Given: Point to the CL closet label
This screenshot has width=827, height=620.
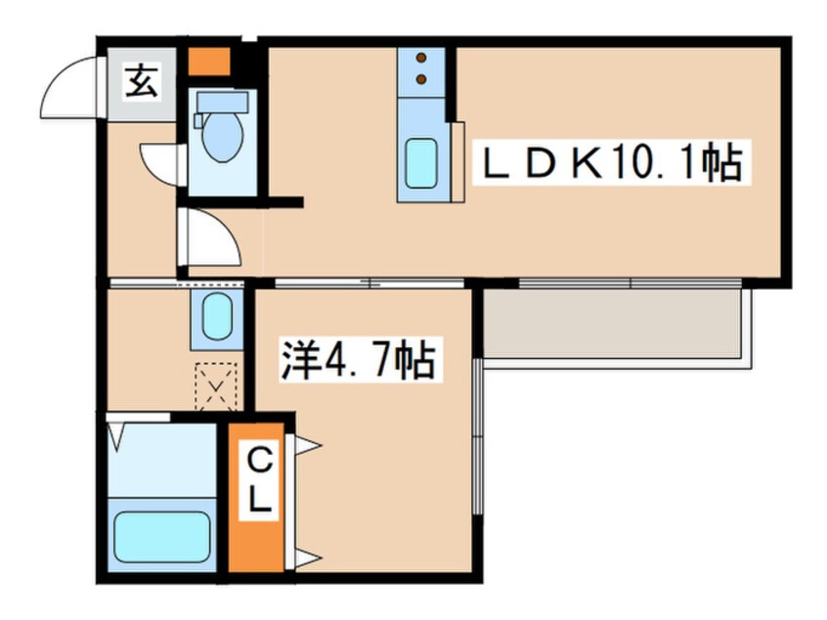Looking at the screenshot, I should pos(258,480).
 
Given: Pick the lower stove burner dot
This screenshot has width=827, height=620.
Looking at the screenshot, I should pos(422,78).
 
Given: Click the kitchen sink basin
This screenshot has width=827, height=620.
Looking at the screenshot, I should pos(422,161).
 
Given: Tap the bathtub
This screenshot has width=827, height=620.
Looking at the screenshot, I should pos(162,535).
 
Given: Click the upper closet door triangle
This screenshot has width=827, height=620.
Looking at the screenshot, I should pos(307,446).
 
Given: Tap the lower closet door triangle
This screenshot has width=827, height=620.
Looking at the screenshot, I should pos(307,559).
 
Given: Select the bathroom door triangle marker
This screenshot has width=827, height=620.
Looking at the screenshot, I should pos(116,431).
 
